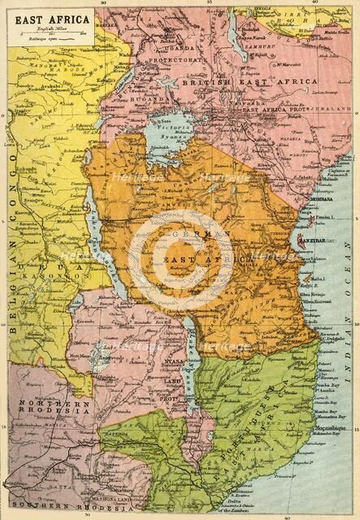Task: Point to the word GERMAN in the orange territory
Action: (x=205, y=233)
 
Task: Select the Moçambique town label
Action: (x=330, y=427)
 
